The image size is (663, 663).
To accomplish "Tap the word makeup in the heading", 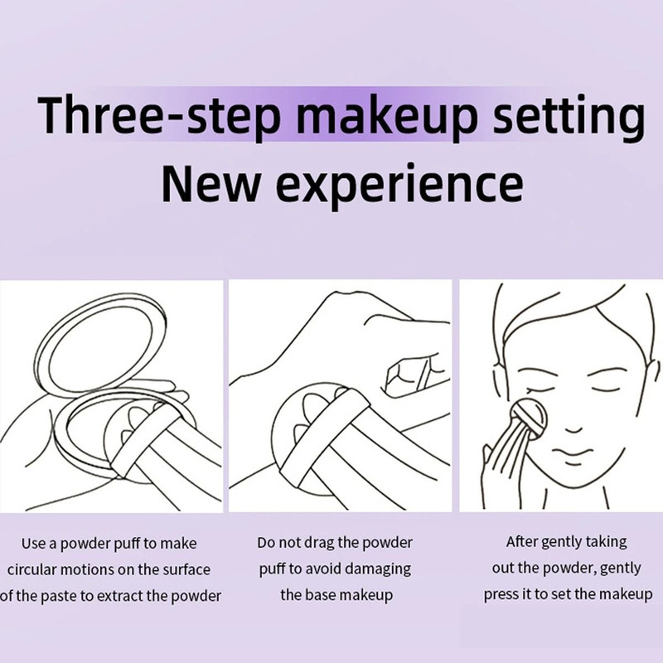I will point(385,118).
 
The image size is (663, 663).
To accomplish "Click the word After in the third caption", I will point(522,543).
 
